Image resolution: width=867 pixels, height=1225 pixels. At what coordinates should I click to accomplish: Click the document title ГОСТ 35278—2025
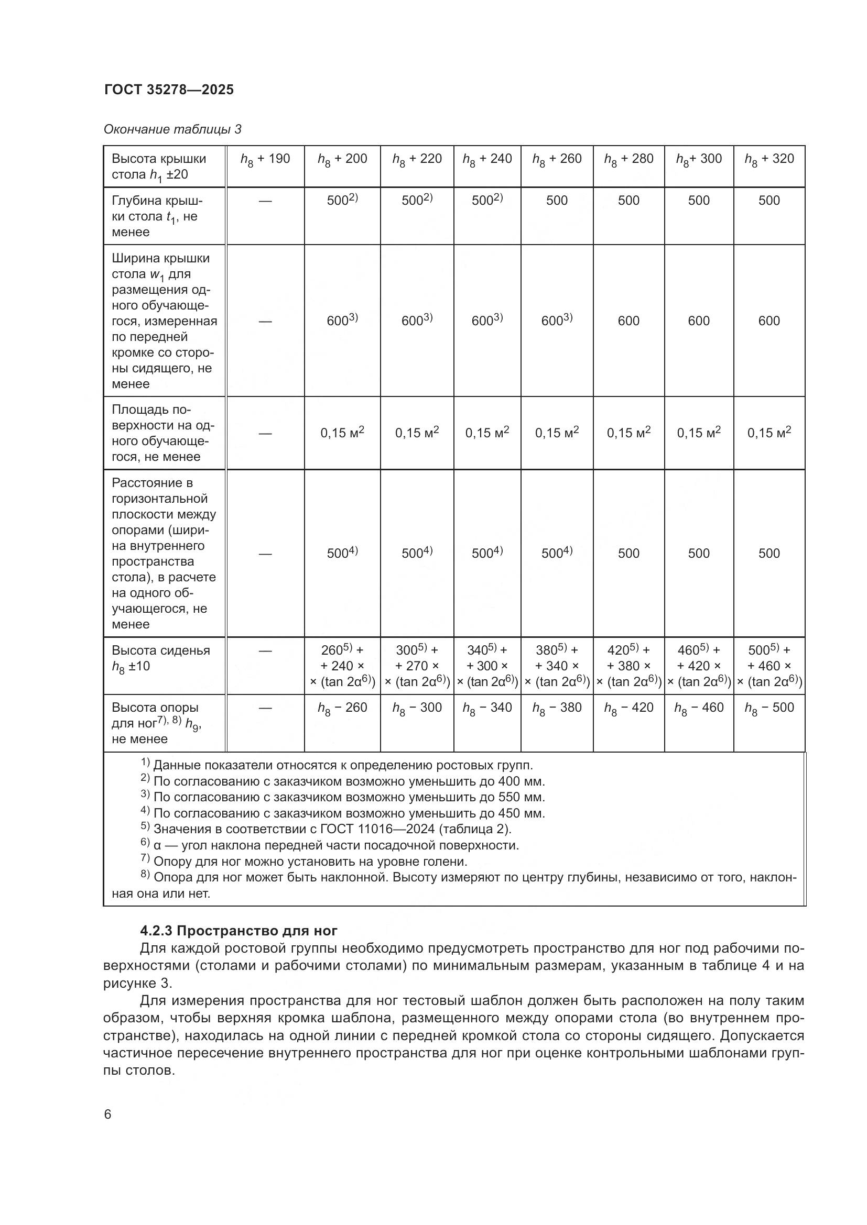tap(169, 90)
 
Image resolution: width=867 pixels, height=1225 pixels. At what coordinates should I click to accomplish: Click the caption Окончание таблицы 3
tap(172, 129)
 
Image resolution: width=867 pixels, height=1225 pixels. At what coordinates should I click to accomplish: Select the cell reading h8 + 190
tap(265, 159)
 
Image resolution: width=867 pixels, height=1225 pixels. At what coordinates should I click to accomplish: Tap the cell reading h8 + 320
tap(769, 159)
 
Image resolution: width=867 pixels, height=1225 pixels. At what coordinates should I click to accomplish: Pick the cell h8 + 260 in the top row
tap(556, 159)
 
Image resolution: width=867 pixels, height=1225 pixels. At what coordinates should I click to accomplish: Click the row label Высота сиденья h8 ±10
tap(160, 658)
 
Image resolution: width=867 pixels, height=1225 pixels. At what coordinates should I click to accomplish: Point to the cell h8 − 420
tap(628, 708)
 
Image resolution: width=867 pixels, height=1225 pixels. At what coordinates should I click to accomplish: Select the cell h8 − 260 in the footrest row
tap(342, 708)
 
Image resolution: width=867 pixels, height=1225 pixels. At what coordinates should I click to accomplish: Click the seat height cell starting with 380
tap(556, 665)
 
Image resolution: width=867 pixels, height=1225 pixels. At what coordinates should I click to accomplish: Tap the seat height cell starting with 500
tap(769, 665)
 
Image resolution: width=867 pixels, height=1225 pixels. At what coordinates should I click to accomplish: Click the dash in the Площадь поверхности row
tap(265, 433)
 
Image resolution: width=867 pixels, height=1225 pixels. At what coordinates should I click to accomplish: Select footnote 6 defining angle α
tap(330, 845)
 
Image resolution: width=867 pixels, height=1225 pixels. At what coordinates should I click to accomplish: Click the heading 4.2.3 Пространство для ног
tap(239, 931)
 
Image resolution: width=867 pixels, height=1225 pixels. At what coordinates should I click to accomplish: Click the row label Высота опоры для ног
tap(156, 723)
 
